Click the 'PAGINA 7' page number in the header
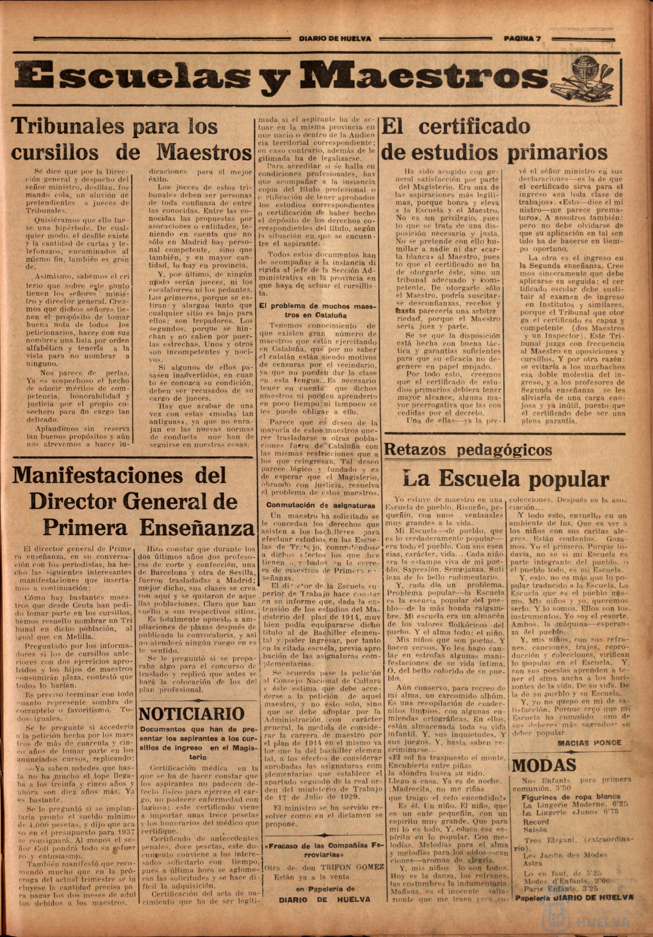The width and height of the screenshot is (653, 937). coord(522,39)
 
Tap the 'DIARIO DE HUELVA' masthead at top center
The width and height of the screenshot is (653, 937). coord(335,39)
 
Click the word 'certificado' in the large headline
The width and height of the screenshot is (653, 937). coord(474,127)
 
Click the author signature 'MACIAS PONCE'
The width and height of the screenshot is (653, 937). coord(589,742)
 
